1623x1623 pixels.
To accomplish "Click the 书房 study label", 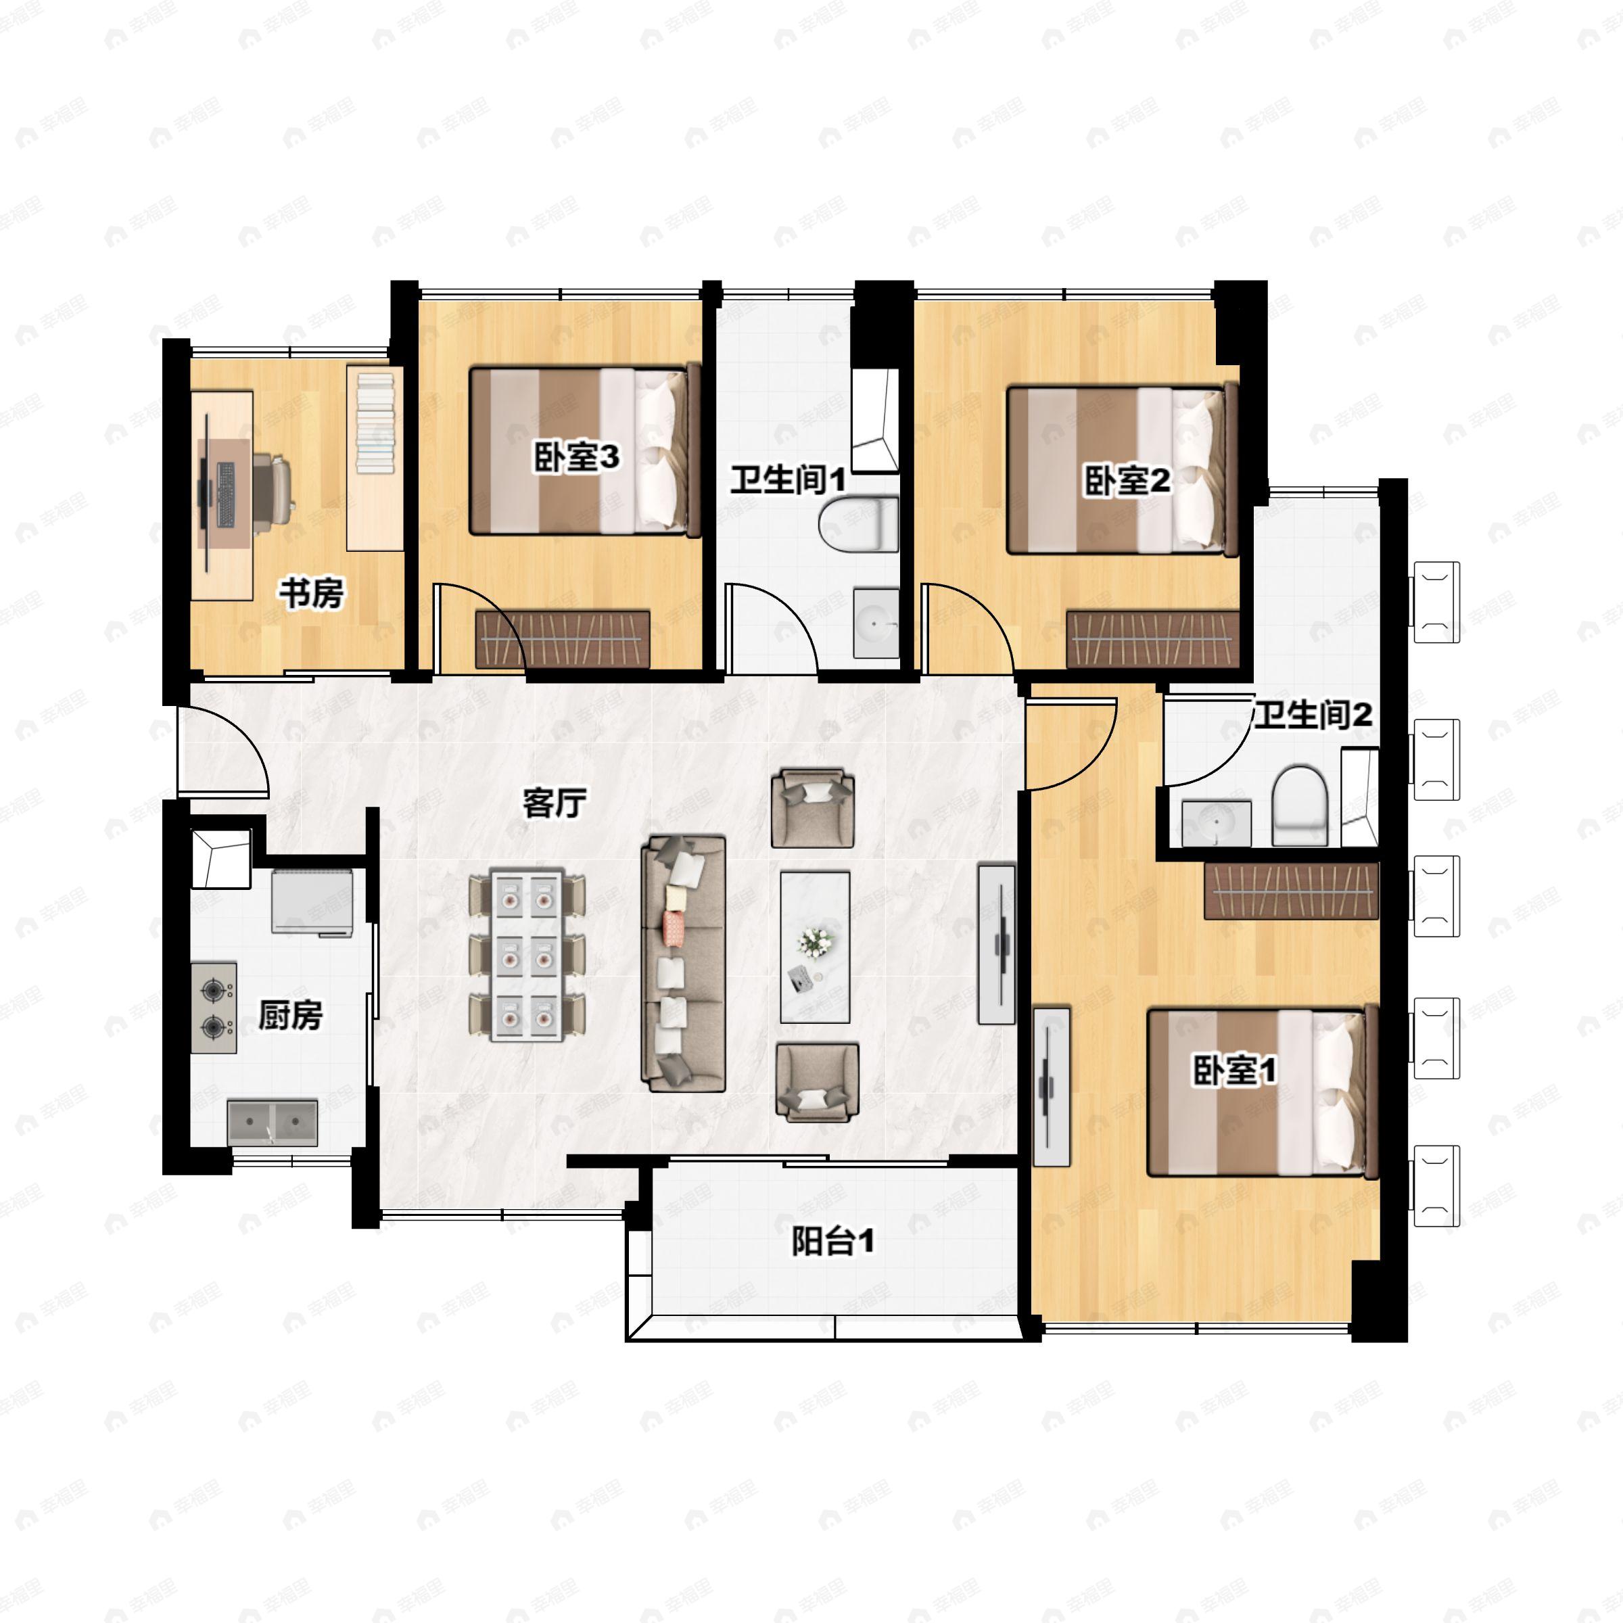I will (x=312, y=593).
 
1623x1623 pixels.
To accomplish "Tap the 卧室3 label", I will (x=577, y=457).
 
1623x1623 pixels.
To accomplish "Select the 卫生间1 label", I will (x=787, y=481).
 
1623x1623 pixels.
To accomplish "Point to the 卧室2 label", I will (x=1127, y=481).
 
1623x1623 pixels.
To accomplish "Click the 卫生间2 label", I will (x=1313, y=715).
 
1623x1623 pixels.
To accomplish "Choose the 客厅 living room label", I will (x=555, y=803).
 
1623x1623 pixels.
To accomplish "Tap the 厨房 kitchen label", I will (x=290, y=1015).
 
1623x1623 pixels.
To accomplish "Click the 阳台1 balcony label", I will (x=832, y=1241).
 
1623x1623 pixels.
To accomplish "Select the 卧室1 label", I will (x=1235, y=1071).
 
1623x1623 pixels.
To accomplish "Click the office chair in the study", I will (x=275, y=486).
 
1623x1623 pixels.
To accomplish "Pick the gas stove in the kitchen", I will (x=214, y=1007).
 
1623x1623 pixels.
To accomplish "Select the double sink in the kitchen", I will (x=272, y=1121).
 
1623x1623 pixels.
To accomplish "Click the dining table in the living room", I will (x=527, y=955).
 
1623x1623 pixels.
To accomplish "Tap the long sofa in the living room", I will (x=683, y=963).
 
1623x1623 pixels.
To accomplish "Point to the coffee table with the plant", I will (x=814, y=947).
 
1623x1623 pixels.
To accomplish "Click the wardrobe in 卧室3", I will (x=562, y=638).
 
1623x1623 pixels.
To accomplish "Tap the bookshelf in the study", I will (x=375, y=458).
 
